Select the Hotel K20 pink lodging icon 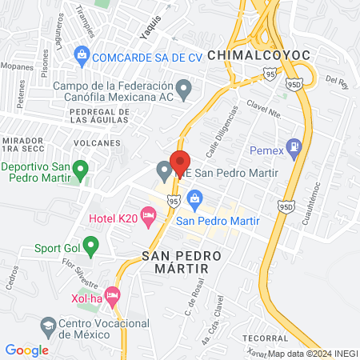[147, 214]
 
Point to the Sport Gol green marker [90, 243]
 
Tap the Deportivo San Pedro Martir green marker [79, 171]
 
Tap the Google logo [27, 350]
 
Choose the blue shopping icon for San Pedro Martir [194, 198]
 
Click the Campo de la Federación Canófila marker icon [184, 89]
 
